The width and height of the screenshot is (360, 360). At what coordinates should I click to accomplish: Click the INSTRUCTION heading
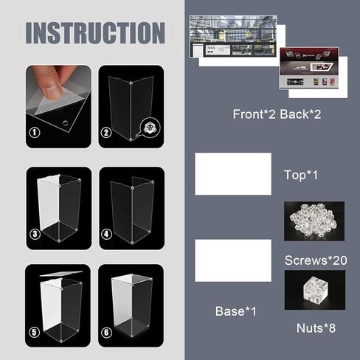[95, 33]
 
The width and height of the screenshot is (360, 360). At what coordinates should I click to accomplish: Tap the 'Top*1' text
[300, 175]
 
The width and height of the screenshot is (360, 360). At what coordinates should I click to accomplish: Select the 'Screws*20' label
[316, 260]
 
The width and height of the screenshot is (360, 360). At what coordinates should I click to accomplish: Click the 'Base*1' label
[236, 312]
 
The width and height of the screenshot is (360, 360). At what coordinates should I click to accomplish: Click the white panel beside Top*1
[232, 174]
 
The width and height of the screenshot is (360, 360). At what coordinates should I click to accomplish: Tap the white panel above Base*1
[232, 260]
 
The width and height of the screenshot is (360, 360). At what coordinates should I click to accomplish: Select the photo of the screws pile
[314, 221]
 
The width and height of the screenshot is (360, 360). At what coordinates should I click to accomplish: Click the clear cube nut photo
[314, 289]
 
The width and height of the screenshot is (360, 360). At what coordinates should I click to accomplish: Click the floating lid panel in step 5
[58, 274]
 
